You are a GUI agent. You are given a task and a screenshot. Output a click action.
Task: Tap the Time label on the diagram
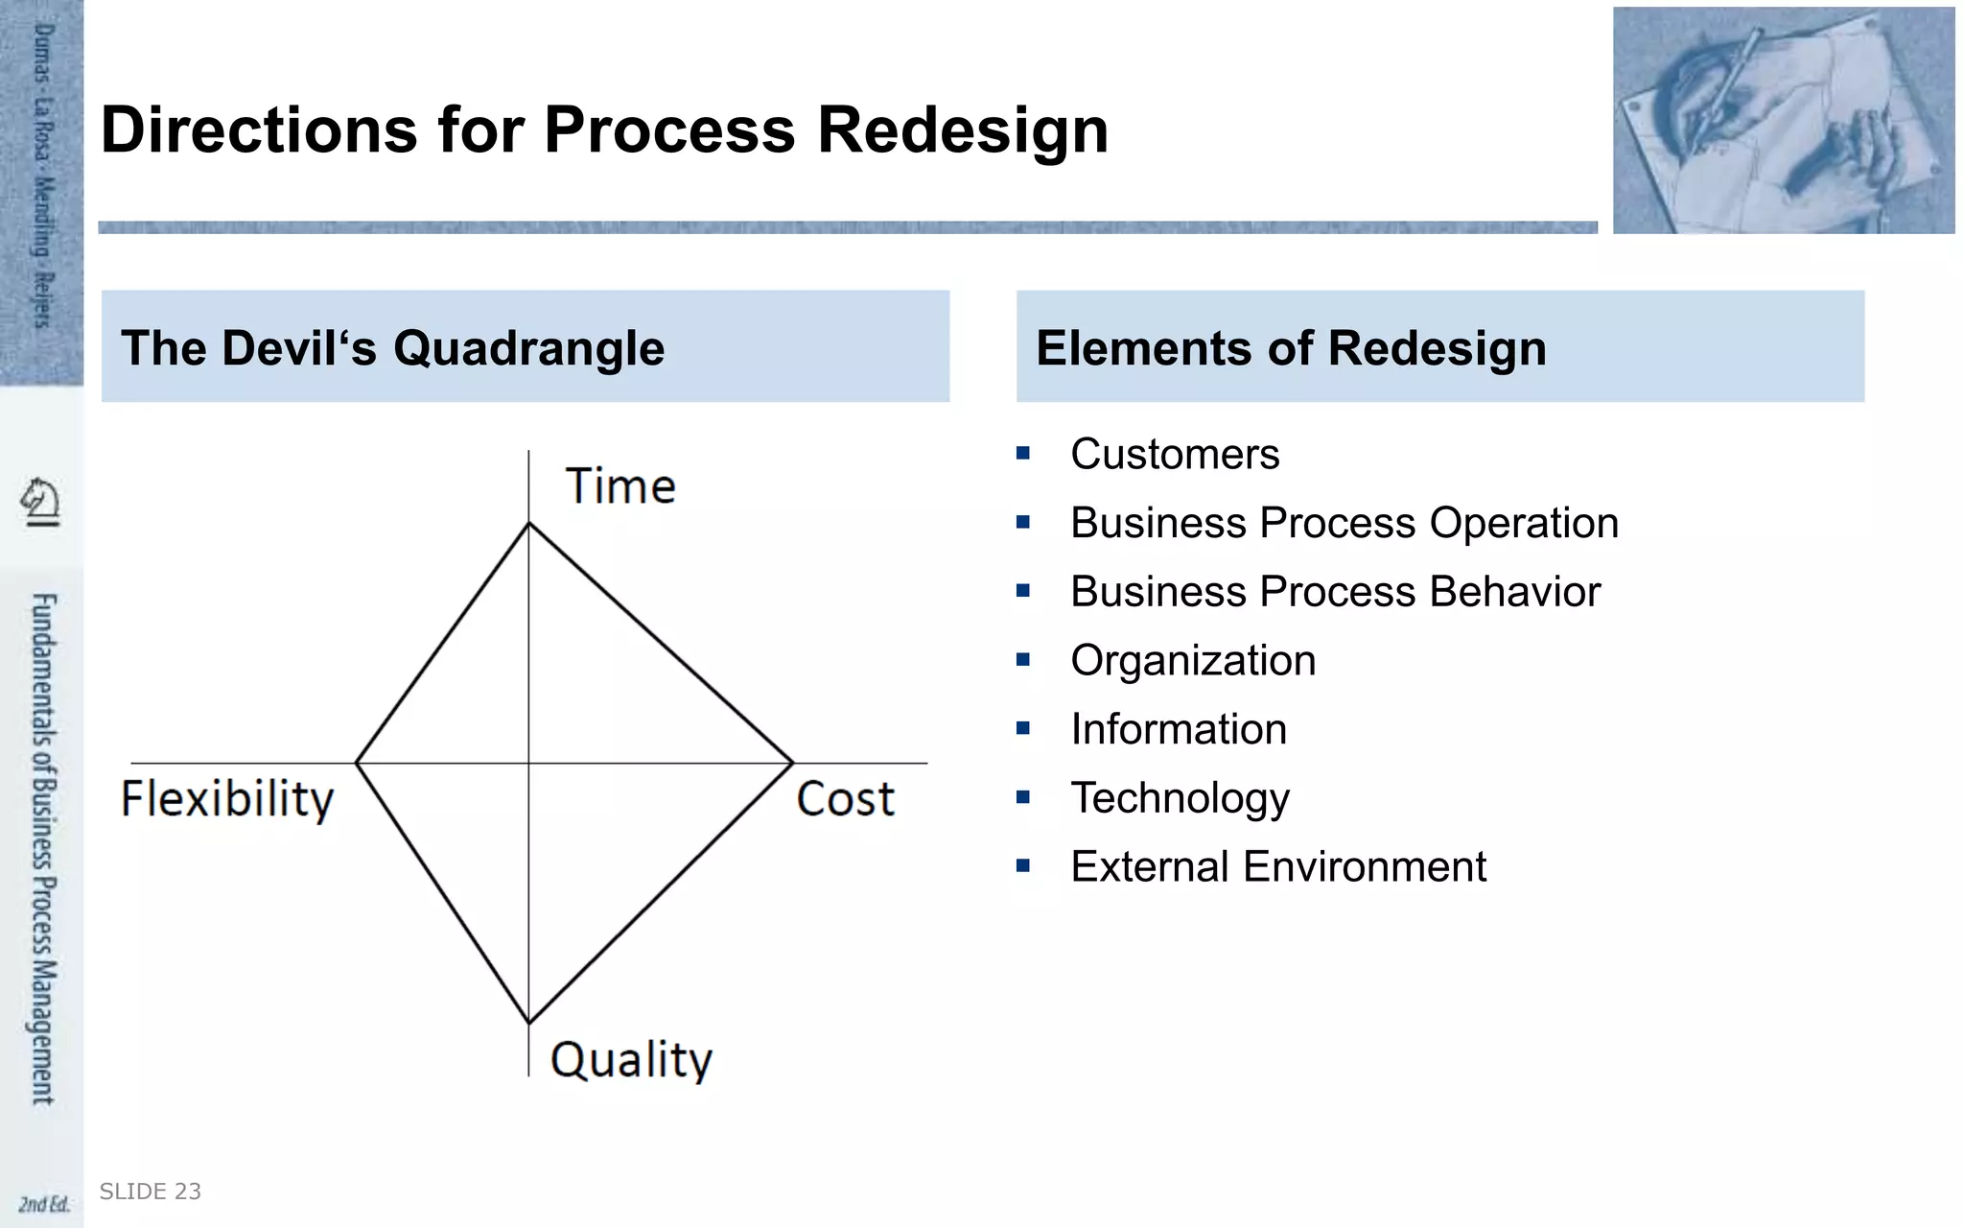tap(620, 485)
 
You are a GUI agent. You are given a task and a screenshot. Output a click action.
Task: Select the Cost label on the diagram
tap(845, 799)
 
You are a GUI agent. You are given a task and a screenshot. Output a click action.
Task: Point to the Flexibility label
tap(227, 799)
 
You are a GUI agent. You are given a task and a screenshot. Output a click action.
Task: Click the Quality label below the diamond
tap(631, 1060)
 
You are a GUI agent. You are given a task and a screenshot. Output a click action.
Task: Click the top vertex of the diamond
tap(528, 523)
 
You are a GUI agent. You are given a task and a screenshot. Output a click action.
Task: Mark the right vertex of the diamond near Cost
tap(792, 763)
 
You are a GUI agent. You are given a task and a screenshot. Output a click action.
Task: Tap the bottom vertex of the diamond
tap(528, 1022)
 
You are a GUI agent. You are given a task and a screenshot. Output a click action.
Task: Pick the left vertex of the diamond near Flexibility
tap(357, 763)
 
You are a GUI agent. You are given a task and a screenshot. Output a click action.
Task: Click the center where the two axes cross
tap(528, 763)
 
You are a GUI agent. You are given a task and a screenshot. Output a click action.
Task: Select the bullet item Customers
tap(1175, 454)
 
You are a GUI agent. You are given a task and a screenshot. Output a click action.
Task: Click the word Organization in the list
tap(1193, 660)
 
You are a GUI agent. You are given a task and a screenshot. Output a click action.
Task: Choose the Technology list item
tap(1180, 797)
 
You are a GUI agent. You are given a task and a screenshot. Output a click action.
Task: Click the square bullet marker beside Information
tap(1023, 729)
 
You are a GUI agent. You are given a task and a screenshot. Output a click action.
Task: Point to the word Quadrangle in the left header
tap(528, 347)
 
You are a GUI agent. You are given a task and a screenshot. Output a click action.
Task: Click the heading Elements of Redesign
tap(1291, 347)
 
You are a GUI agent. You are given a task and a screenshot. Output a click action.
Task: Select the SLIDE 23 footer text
tap(151, 1192)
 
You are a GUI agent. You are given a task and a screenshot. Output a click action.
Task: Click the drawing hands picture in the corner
tap(1783, 120)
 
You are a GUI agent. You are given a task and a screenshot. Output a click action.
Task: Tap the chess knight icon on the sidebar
tap(40, 501)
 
